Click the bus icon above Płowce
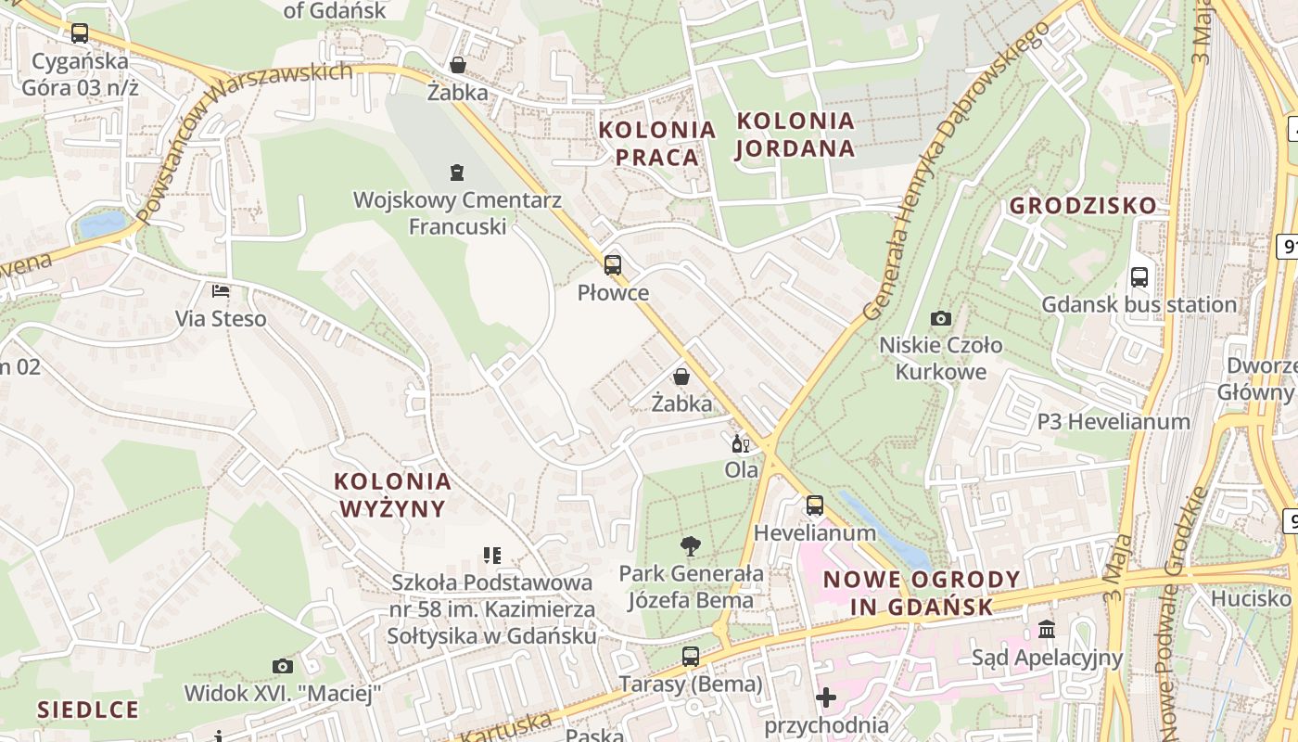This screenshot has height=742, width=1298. (x=612, y=265)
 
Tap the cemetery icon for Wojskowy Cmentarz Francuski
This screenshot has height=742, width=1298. (x=456, y=172)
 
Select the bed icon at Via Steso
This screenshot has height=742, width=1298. (x=221, y=291)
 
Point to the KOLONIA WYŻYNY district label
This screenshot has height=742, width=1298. (x=392, y=494)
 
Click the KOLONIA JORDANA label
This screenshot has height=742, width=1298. (x=795, y=134)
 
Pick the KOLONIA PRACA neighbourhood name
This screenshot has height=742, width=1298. (x=657, y=143)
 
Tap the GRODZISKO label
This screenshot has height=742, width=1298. (x=1083, y=205)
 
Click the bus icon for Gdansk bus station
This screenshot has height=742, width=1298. (x=1139, y=276)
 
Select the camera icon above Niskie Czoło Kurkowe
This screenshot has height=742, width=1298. (x=940, y=318)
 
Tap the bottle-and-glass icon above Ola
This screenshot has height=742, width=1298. (x=741, y=444)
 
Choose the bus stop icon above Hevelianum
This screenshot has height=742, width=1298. (x=814, y=505)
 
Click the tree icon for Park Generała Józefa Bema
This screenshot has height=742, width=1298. (x=690, y=546)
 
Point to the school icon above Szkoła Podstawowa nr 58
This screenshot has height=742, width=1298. (x=491, y=556)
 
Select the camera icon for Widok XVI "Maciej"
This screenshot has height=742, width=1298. (x=283, y=666)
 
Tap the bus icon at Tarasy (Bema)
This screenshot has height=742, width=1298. (x=690, y=657)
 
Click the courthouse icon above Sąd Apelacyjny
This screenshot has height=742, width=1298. (x=1047, y=630)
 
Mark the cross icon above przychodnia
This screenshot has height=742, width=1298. (x=825, y=697)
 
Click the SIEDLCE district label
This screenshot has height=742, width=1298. (x=88, y=710)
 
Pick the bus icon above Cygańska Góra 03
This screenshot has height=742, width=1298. (x=80, y=33)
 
